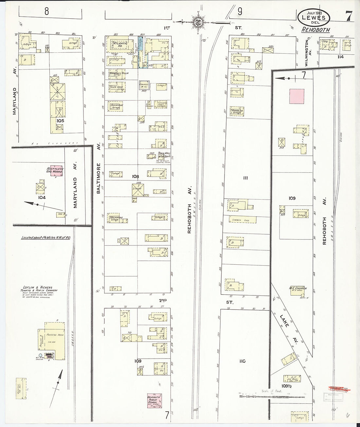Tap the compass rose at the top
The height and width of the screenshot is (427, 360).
(198, 22)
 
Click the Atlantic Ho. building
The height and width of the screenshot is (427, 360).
(120, 45)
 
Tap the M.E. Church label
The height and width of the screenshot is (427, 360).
(297, 289)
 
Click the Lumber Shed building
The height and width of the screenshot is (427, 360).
(242, 220)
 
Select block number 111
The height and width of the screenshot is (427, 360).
(246, 178)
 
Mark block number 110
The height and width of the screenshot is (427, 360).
(242, 361)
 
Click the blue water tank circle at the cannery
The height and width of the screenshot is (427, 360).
(40, 355)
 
